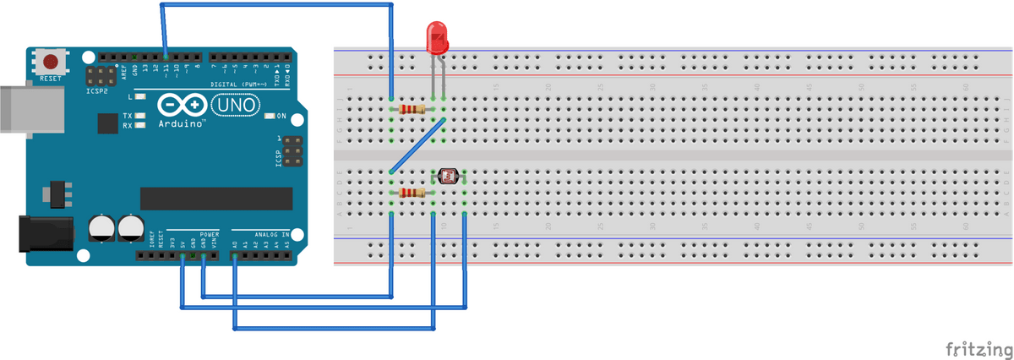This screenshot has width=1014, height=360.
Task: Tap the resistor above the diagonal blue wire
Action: point(413,108)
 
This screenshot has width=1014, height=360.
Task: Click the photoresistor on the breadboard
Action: point(448,176)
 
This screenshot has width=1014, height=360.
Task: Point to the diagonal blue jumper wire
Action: point(417,146)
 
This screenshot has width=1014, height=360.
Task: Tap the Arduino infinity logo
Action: point(182,104)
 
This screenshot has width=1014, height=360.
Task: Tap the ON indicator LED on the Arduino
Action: point(270,116)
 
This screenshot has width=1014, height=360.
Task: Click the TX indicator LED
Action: point(141,115)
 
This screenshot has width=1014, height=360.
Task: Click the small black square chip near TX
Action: point(107,124)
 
